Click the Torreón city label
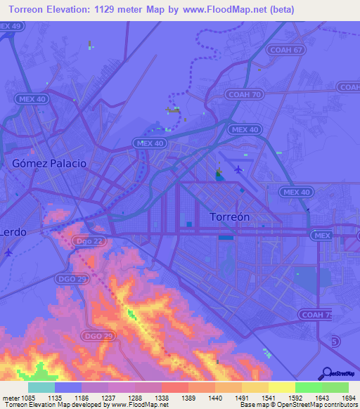click(x=230, y=217)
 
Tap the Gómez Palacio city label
click(x=49, y=163)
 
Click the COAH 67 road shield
click(x=285, y=50)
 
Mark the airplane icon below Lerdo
click(x=8, y=252)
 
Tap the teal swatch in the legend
click(x=41, y=387)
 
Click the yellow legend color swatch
click(x=281, y=387)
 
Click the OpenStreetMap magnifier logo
click(x=326, y=372)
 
